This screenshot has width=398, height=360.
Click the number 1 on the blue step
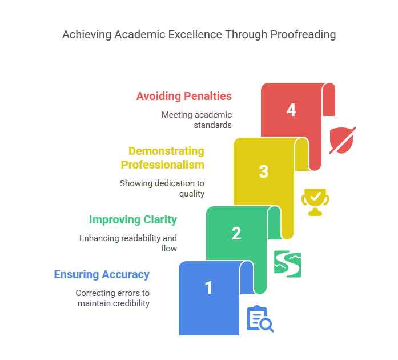209,287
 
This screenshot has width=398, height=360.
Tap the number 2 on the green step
236,233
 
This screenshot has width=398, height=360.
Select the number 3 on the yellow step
264,171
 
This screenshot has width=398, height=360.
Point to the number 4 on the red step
291,110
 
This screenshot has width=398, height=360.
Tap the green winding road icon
287,263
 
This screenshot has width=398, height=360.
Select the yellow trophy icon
315,202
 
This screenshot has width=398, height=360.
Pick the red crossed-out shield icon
342,140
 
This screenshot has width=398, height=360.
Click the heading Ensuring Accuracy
102,274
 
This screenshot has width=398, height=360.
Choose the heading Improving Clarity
133,219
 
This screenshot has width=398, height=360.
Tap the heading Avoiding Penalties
184,96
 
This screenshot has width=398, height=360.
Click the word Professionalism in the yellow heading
163,165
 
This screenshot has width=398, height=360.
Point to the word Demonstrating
167,151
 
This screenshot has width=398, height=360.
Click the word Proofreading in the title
303,34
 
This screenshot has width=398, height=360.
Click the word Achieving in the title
86,34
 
